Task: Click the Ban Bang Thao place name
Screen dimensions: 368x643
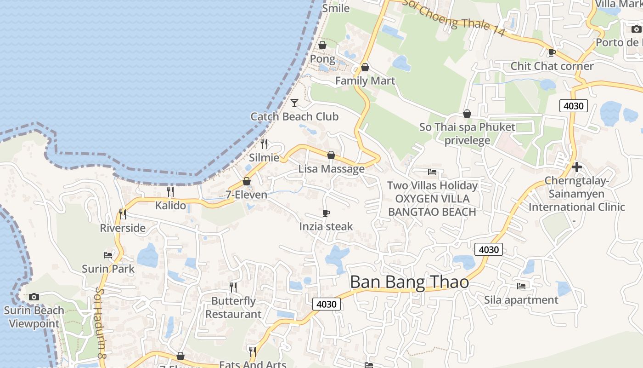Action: pos(409,282)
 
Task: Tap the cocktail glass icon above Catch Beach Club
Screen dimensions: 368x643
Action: pos(294,103)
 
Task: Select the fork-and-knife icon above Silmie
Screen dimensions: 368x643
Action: pos(264,144)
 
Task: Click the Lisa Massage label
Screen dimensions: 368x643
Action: pos(331,169)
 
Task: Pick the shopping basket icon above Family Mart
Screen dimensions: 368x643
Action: pos(365,67)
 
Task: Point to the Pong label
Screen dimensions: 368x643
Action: pos(322,59)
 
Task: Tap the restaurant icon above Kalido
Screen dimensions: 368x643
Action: pos(170,191)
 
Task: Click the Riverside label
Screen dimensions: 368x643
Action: pos(123,228)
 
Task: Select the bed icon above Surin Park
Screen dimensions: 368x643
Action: pos(108,255)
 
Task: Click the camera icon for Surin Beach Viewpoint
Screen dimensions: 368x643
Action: pos(34,297)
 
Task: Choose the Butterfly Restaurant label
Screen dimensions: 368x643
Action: pos(233,308)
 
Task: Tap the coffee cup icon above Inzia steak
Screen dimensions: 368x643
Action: pos(326,213)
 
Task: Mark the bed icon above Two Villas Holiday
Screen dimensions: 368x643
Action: pos(432,172)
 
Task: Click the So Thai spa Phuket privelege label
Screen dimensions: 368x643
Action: pos(467,133)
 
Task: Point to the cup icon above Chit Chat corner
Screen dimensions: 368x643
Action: pos(552,52)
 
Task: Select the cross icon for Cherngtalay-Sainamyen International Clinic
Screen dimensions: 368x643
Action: pos(577,167)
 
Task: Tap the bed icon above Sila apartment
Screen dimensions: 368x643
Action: pos(521,286)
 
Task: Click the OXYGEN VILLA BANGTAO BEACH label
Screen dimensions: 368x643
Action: pos(432,205)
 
